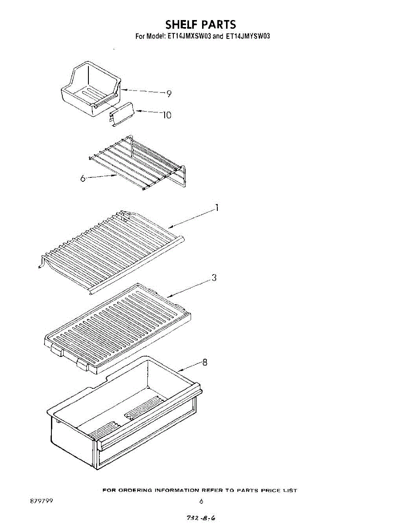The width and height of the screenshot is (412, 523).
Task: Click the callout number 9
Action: click(x=169, y=94)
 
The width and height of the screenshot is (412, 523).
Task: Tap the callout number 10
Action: click(x=167, y=115)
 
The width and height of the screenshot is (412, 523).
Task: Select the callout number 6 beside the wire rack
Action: click(x=83, y=179)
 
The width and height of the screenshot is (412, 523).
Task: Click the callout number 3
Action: click(x=214, y=278)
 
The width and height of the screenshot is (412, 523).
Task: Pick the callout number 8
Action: click(x=205, y=363)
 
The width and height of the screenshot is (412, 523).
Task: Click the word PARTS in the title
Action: click(x=218, y=24)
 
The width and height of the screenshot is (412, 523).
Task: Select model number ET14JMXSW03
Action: click(x=189, y=37)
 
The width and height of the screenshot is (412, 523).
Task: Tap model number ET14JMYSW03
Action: click(x=248, y=37)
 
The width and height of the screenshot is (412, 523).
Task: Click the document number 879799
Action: click(x=41, y=501)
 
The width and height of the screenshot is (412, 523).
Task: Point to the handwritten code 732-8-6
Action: click(x=201, y=518)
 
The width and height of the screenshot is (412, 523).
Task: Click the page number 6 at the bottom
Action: click(x=201, y=501)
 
